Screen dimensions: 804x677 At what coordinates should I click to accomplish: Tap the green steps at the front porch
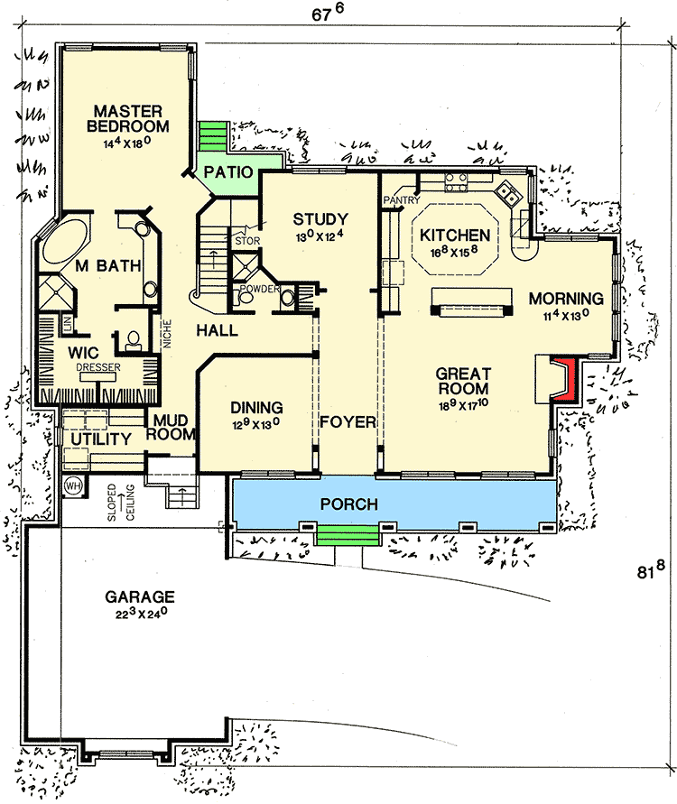[347, 534]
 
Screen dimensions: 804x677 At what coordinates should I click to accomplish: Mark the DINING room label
[256, 407]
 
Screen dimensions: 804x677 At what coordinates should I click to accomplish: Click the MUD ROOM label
[174, 427]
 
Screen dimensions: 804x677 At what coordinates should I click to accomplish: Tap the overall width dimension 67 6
[335, 14]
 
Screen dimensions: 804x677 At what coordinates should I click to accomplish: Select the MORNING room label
[565, 299]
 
